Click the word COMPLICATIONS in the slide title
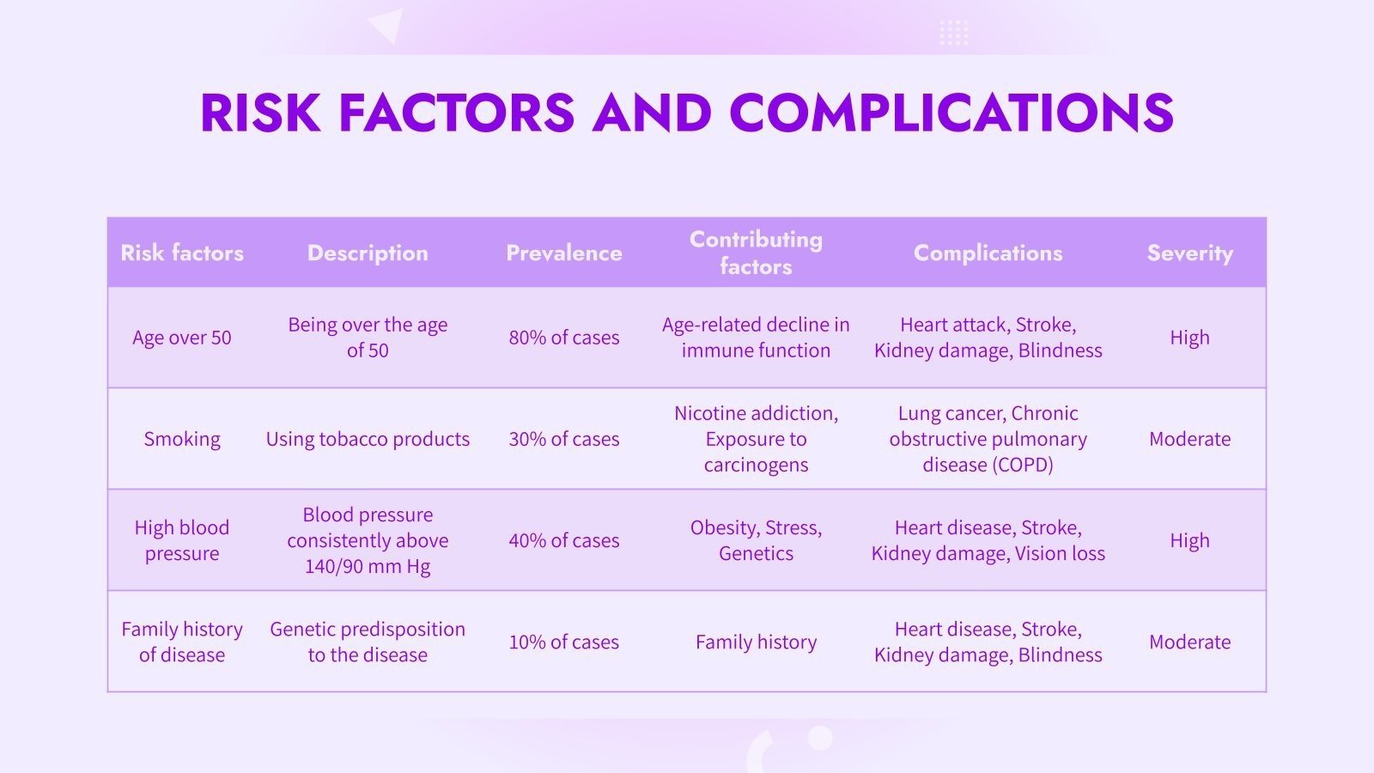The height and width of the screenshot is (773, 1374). pyautogui.click(x=951, y=113)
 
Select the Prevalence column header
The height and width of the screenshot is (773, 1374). pyautogui.click(x=564, y=253)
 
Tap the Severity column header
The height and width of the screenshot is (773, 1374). pyautogui.click(x=1189, y=253)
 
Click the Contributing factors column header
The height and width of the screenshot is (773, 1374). pyautogui.click(x=756, y=253)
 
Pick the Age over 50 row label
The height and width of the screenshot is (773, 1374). pyautogui.click(x=182, y=338)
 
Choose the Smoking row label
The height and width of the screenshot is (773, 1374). pyautogui.click(x=182, y=439)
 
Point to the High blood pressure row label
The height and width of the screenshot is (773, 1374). pyautogui.click(x=182, y=540)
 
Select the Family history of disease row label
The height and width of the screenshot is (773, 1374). pyautogui.click(x=182, y=642)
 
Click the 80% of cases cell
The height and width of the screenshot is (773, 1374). pyautogui.click(x=564, y=338)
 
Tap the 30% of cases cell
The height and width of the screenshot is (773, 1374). pyautogui.click(x=564, y=439)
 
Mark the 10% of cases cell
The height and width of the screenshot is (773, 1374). pyautogui.click(x=564, y=642)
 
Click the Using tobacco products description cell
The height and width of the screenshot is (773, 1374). pyautogui.click(x=368, y=439)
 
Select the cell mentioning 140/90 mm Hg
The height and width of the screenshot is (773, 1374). pyautogui.click(x=368, y=540)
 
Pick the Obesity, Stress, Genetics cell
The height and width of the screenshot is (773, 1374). pyautogui.click(x=756, y=540)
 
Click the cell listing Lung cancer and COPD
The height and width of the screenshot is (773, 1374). pyautogui.click(x=988, y=439)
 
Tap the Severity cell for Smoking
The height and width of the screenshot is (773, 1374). pyautogui.click(x=1189, y=439)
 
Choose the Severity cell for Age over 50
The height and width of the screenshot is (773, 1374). pyautogui.click(x=1189, y=338)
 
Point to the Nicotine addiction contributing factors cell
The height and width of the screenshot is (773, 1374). pyautogui.click(x=756, y=439)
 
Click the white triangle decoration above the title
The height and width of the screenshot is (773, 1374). pyautogui.click(x=389, y=24)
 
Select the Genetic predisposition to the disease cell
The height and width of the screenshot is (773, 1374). pyautogui.click(x=368, y=642)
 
